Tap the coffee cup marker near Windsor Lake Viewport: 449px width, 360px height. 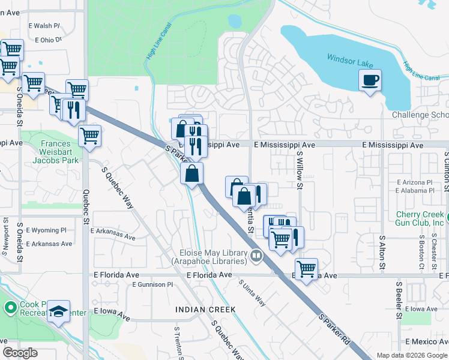tap(370, 80)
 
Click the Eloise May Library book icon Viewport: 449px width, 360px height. tap(256, 256)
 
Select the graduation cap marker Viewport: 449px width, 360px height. tap(58, 311)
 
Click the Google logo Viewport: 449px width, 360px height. tap(20, 353)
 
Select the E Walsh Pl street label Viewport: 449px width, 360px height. tap(44, 26)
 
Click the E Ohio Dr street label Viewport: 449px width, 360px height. tap(49, 40)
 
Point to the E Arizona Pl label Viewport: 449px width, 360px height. tap(414, 182)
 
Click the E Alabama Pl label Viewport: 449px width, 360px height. tap(414, 191)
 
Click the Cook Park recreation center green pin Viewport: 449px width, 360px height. tap(10, 308)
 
